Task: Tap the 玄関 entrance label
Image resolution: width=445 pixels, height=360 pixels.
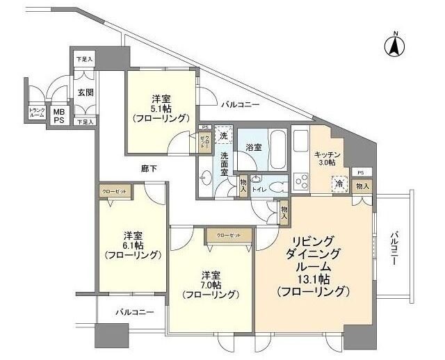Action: click(x=85, y=92)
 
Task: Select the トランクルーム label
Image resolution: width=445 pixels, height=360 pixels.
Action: click(x=37, y=113)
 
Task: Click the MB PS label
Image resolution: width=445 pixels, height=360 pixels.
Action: click(x=60, y=115)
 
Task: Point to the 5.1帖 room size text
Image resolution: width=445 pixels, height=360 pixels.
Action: click(x=161, y=108)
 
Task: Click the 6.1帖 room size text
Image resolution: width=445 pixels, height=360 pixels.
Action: click(x=133, y=245)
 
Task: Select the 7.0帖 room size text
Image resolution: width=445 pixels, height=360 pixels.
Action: click(x=211, y=284)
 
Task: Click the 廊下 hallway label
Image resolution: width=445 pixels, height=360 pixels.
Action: click(x=149, y=168)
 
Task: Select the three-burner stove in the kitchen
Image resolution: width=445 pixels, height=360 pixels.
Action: click(x=303, y=182)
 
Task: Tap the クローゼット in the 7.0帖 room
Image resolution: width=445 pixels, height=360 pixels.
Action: click(x=227, y=236)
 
